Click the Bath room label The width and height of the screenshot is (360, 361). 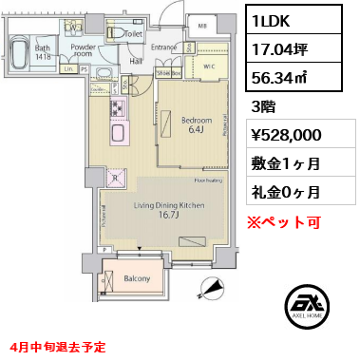(x=42, y=48)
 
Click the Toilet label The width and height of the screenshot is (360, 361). (x=133, y=32)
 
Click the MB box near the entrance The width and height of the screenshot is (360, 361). (x=202, y=26)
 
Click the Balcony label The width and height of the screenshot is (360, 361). (x=137, y=279)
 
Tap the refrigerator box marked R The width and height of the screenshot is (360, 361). (x=115, y=177)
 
